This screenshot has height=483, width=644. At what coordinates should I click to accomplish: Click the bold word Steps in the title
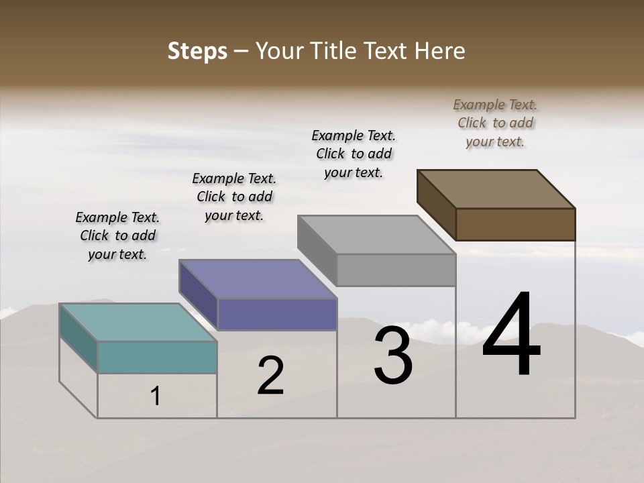click(197, 51)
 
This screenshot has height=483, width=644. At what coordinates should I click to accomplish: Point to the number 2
click(270, 376)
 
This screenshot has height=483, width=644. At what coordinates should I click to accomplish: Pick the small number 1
click(156, 396)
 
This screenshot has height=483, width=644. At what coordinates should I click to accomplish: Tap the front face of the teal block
click(157, 357)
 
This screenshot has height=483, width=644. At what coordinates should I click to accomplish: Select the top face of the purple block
click(258, 278)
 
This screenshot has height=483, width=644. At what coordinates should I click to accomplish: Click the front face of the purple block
click(276, 314)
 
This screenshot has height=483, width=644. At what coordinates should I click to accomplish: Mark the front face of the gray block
click(396, 270)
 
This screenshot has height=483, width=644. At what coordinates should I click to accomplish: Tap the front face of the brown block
click(515, 224)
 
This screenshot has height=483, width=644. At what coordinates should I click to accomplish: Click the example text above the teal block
click(117, 235)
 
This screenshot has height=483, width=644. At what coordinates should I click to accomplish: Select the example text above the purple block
click(234, 197)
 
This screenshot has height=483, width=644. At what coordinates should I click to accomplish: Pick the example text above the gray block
click(354, 154)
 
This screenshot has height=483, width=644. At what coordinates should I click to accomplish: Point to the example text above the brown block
click(495, 123)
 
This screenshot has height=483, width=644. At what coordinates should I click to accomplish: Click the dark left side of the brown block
click(436, 205)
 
